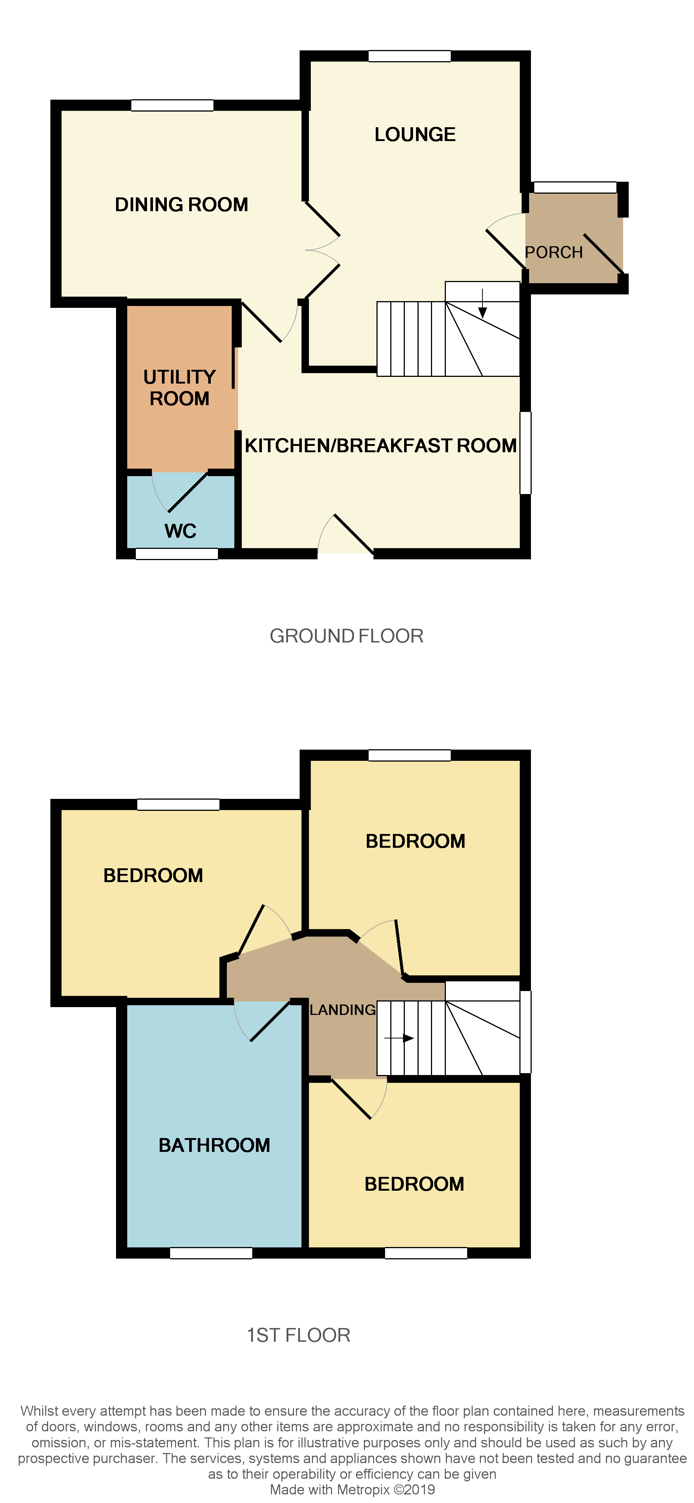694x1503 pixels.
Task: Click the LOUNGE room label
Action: click(415, 135)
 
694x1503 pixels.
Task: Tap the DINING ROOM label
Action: click(181, 205)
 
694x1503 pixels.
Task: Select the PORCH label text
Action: click(553, 253)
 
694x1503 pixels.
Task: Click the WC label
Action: click(180, 531)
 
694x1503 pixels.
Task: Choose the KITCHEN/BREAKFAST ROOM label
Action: click(380, 446)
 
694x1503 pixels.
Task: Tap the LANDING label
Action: click(342, 1010)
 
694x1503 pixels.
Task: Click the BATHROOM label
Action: click(214, 1145)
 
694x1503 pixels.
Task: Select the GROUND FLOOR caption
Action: click(346, 636)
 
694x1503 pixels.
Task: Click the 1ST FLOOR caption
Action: click(298, 1335)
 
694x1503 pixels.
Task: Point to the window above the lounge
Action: click(409, 56)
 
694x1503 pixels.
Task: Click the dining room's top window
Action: click(172, 106)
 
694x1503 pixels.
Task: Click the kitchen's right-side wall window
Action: click(525, 453)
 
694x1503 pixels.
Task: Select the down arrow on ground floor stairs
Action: click(482, 304)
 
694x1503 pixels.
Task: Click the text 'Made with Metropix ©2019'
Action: click(352, 1490)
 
